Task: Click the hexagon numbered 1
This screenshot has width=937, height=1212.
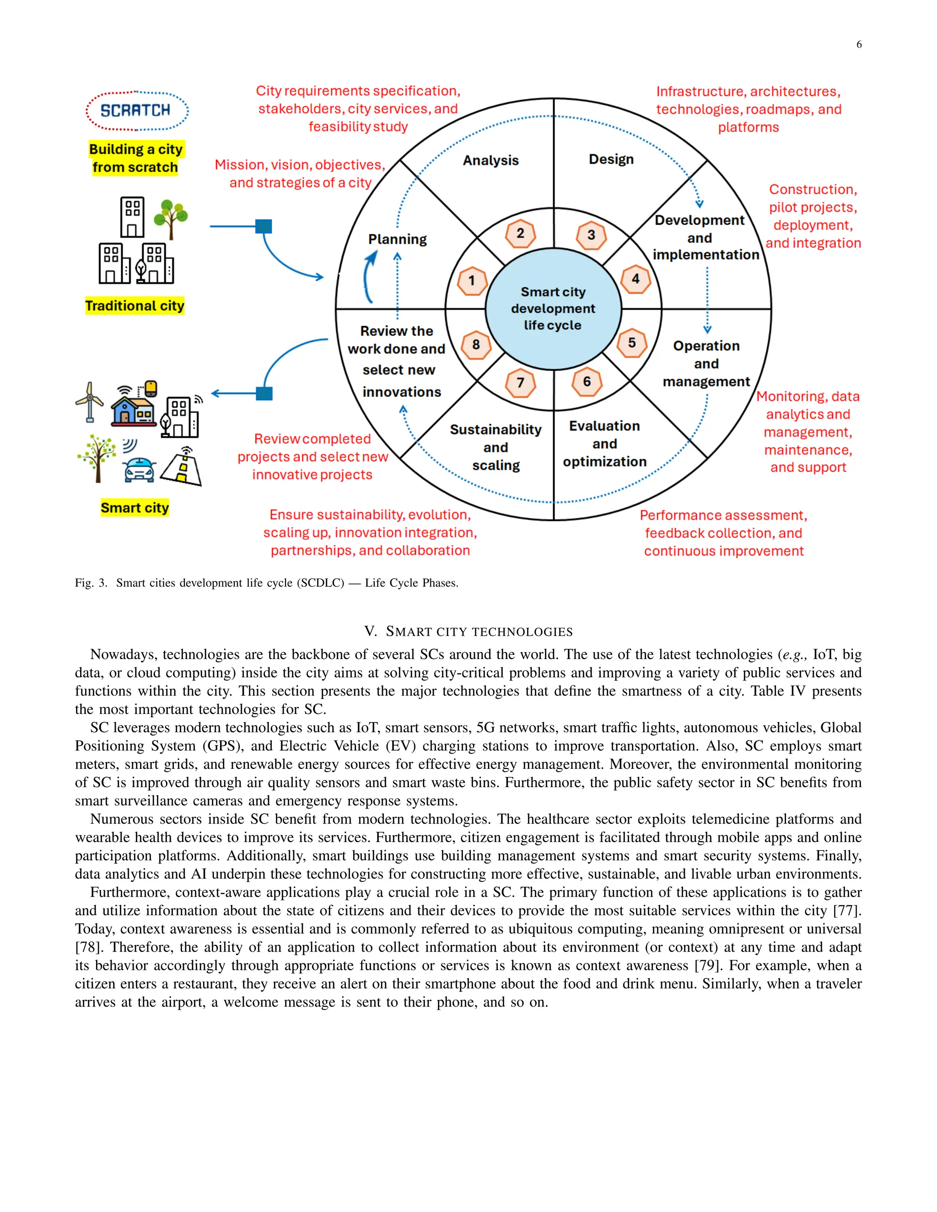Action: [x=472, y=281]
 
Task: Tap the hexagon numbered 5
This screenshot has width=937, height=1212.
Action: [x=632, y=343]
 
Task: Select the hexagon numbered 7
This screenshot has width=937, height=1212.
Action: [x=520, y=383]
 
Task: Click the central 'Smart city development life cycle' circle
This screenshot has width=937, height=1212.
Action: [x=553, y=309]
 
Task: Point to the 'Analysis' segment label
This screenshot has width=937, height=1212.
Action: [x=491, y=161]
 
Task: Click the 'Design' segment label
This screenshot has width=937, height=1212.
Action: [x=611, y=159]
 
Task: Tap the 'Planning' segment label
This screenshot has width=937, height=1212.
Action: [x=398, y=239]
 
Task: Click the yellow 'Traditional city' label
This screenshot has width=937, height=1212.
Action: [x=135, y=306]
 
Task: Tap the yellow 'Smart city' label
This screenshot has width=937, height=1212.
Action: [x=135, y=508]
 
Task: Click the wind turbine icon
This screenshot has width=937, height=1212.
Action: [x=90, y=401]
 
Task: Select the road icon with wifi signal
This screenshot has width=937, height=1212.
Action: [x=183, y=467]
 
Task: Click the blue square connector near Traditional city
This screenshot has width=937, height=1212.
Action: [x=264, y=226]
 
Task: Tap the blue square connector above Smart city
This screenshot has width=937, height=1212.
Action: [x=264, y=393]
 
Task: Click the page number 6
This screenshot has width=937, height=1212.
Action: [x=859, y=45]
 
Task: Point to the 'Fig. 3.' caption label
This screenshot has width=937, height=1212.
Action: [x=91, y=583]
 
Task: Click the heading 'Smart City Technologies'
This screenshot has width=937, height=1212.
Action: [x=468, y=632]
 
